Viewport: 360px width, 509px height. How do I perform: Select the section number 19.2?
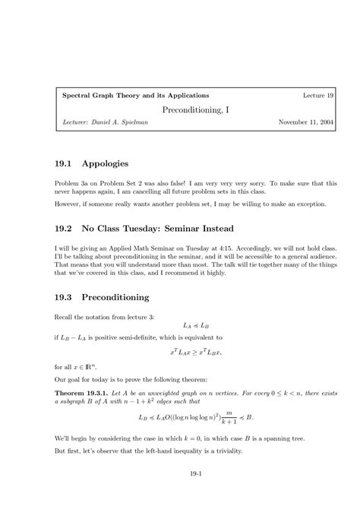[66, 228]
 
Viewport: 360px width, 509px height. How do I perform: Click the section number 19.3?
[66, 297]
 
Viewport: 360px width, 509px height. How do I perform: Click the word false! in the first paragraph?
[195, 184]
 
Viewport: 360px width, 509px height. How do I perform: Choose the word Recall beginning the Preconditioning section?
[65, 317]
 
